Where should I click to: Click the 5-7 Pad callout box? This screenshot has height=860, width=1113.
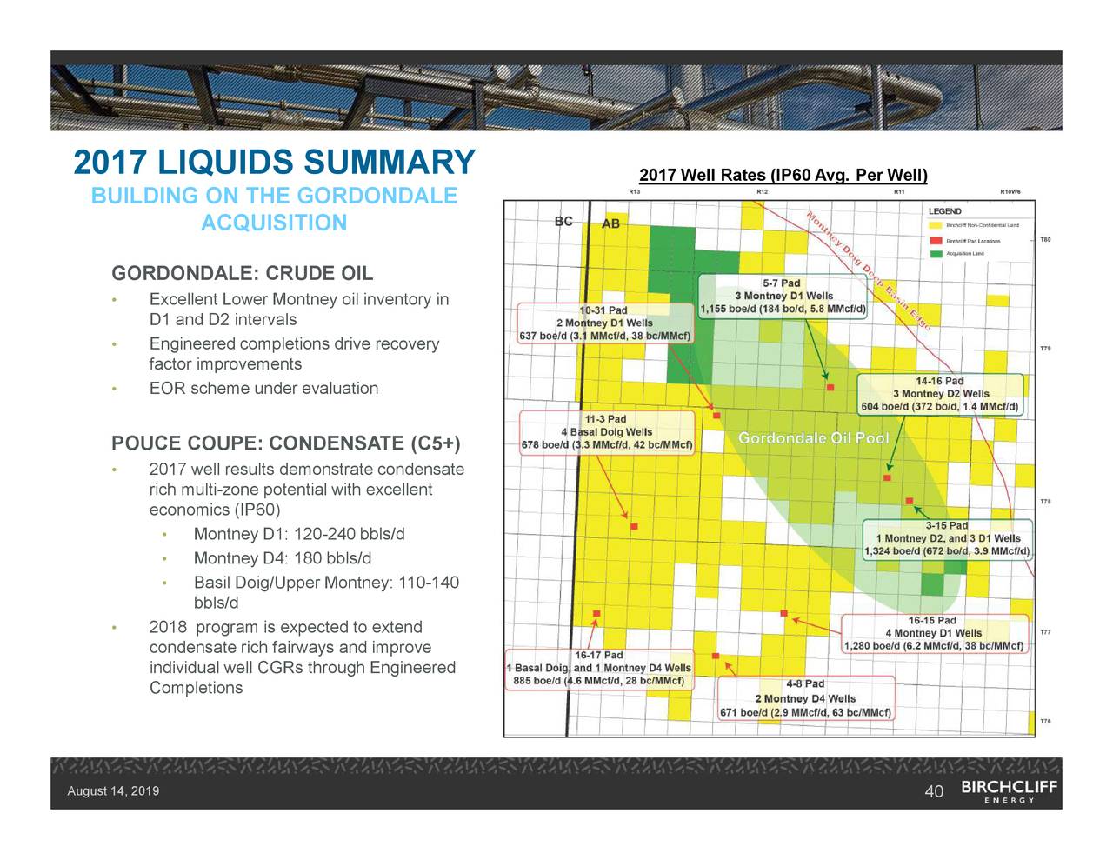pos(783,297)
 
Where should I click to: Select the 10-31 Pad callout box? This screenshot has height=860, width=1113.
pos(604,323)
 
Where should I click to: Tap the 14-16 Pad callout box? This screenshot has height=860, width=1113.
pos(940,394)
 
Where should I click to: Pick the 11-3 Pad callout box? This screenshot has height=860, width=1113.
pos(606,432)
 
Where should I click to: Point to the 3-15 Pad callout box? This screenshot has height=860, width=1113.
pos(947,538)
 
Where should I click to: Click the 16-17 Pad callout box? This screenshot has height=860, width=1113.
pos(599,668)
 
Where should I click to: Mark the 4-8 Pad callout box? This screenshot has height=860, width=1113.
pos(805,698)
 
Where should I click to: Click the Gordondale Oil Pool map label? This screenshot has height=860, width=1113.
pos(813,438)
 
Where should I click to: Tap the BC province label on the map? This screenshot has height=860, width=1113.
pos(563,221)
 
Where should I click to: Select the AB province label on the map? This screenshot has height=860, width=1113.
pos(611,223)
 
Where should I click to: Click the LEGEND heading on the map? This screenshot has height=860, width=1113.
pos(945,211)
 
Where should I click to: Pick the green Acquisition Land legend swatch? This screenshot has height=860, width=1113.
pos(936,254)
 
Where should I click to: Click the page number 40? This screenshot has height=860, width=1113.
pos(934,790)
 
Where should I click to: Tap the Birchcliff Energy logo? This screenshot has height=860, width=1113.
pos(1009,790)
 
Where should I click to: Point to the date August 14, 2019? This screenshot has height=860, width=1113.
pos(113,790)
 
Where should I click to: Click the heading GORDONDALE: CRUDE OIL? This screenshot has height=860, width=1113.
pos(242,274)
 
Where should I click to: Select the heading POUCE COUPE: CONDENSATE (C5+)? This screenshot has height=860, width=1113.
pos(285,444)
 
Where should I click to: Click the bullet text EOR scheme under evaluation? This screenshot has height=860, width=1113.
pos(263,388)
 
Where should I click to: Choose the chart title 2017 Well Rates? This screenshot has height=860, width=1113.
pos(783,176)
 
